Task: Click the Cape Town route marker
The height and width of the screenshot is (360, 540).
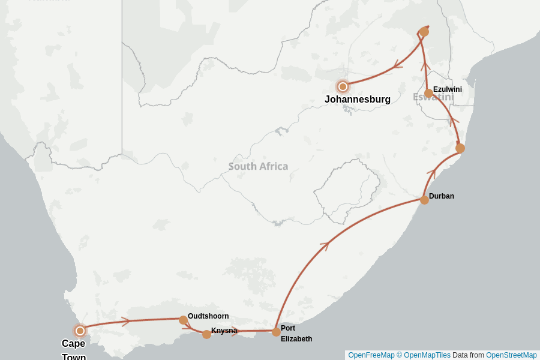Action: point(80,331)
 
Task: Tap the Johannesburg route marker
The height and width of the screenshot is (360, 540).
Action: point(343,86)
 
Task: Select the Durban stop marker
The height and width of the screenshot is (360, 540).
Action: point(424,200)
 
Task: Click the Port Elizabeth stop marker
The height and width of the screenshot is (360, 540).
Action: point(276,332)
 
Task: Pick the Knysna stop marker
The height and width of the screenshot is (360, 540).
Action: point(206,334)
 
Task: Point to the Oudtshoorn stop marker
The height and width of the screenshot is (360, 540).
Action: point(183,320)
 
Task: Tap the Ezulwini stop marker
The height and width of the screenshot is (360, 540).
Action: point(428,93)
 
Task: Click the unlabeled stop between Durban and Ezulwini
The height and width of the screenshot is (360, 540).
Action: point(460,148)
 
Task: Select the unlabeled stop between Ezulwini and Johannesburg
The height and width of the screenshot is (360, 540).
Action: point(424,31)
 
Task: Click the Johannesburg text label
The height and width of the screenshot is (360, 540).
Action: point(358,100)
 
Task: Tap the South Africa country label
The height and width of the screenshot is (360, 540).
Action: point(258,166)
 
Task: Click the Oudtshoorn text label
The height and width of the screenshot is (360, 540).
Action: point(208,316)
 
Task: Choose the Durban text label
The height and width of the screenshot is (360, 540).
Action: point(442,196)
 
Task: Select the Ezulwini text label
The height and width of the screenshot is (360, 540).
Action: point(448,89)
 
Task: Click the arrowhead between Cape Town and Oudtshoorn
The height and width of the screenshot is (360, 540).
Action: point(126,322)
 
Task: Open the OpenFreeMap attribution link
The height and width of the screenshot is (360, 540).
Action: point(371,355)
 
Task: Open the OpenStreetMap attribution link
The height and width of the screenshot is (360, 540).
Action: point(511,355)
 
